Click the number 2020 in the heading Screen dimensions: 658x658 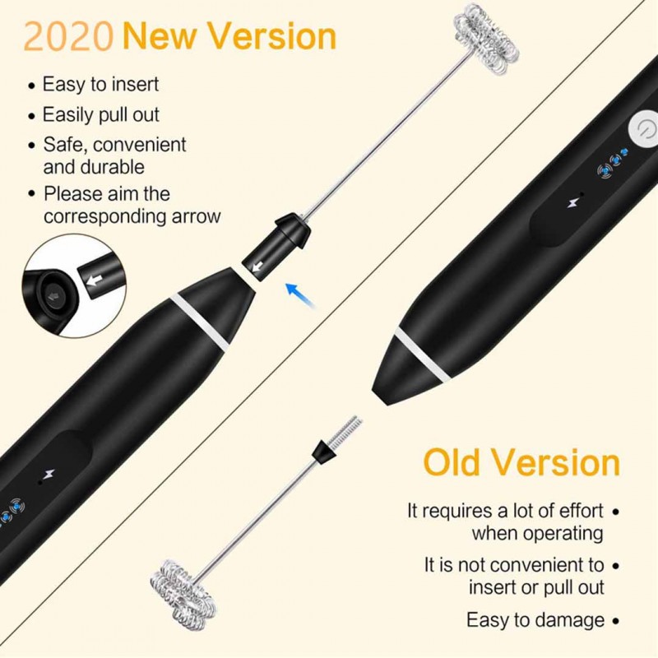pos(68,37)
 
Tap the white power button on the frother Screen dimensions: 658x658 pos(644,128)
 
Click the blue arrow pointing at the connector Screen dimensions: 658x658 pos(300,295)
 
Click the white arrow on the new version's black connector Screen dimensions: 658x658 pos(257,266)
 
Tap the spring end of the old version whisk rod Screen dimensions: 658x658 pos(345,430)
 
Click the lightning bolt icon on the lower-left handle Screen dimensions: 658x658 pos(50,474)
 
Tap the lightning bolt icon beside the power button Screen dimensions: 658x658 pos(572,203)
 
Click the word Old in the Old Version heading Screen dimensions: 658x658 pos(452,462)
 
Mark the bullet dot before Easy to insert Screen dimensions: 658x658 pos(32,86)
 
